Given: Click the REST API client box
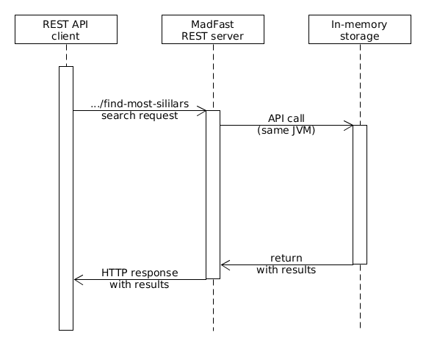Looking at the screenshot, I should [x=66, y=30].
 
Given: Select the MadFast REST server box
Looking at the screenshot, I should [x=213, y=30].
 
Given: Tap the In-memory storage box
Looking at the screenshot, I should [x=360, y=30].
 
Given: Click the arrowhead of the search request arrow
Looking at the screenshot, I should [x=202, y=110].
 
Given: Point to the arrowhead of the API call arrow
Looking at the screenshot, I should [x=349, y=125].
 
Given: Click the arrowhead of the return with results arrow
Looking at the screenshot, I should [x=225, y=264].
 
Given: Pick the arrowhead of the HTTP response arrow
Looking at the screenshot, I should [x=78, y=279].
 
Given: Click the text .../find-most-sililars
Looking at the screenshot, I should [x=140, y=104].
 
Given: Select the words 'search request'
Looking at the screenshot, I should [x=140, y=116].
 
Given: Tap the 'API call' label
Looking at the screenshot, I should [x=286, y=118].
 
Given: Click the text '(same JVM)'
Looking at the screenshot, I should [x=286, y=131].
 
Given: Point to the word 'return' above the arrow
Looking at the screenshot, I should [x=286, y=258].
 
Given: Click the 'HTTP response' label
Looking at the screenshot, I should [x=140, y=273].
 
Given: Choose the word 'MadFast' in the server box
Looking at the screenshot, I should [x=213, y=24].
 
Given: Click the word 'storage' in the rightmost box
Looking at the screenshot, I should [x=360, y=36].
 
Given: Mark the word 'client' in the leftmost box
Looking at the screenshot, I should [x=66, y=36].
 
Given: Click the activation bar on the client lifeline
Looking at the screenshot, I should [x=66, y=198].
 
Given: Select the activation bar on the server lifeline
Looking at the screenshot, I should [x=213, y=195].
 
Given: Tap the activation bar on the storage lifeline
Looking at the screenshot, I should [x=360, y=195].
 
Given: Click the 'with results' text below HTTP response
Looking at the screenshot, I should [x=140, y=285].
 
